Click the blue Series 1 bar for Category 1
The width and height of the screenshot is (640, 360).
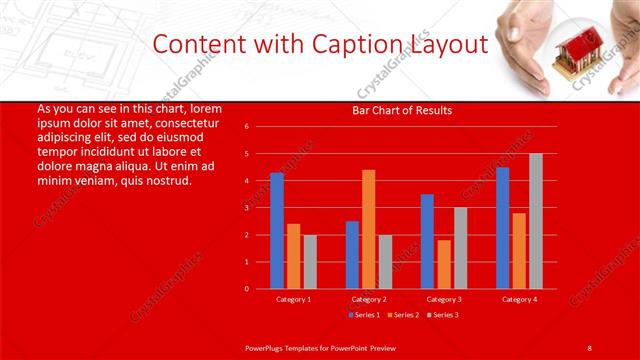(277, 231)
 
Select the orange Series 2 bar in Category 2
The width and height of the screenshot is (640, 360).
(368, 229)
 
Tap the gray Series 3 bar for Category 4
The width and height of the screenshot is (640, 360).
(535, 221)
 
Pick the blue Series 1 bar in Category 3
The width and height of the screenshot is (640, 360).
(427, 241)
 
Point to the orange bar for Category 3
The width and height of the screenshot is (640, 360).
(443, 264)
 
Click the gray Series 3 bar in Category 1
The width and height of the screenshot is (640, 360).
(310, 262)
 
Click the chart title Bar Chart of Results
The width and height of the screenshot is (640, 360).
(402, 110)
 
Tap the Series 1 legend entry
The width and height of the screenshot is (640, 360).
(363, 315)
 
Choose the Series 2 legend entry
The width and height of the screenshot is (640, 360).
(402, 315)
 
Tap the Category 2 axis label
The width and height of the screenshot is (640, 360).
(369, 299)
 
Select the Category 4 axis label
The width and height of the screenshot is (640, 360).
(518, 299)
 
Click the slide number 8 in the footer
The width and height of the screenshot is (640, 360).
(589, 346)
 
